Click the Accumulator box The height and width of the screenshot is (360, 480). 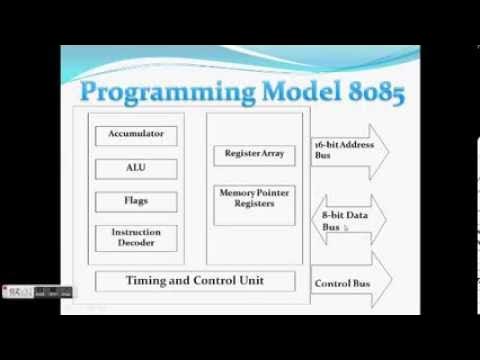pos(135,133)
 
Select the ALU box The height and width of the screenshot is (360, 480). pos(135,167)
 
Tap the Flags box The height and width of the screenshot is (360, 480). pos(135,200)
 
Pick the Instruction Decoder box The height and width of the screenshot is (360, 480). pos(135,237)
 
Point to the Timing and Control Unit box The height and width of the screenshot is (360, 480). pos(193,281)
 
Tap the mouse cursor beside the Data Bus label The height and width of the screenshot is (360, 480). pos(346,228)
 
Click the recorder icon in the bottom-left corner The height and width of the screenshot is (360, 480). pos(15,292)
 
